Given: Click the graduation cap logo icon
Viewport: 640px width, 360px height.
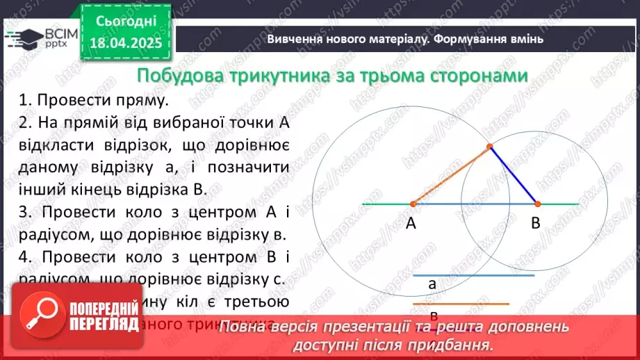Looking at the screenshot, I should [x=23, y=38].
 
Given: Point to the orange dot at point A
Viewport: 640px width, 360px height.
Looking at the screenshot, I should [x=413, y=204].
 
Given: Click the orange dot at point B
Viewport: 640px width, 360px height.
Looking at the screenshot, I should [x=537, y=204].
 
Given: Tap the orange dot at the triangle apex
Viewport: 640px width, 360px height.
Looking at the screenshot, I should [x=489, y=147].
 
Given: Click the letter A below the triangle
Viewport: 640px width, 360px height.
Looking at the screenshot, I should [x=411, y=224].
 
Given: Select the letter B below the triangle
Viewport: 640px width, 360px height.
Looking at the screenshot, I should [x=536, y=224].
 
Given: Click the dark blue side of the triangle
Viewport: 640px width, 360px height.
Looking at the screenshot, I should [x=514, y=176].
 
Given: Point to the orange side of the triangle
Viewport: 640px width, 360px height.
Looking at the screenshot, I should [x=450, y=176].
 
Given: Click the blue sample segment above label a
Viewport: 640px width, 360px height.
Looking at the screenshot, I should [x=474, y=276].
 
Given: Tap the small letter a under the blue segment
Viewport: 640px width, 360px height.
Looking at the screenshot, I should [x=432, y=284].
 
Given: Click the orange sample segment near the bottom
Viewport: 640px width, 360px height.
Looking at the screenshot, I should [x=461, y=304].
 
